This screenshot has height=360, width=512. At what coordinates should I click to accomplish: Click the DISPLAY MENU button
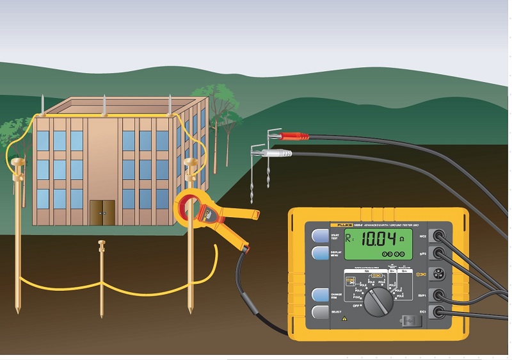321,252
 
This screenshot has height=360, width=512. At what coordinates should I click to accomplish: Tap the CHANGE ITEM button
321,295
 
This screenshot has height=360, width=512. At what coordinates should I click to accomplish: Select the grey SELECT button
321,312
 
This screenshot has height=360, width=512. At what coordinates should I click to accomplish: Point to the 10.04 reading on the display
378,241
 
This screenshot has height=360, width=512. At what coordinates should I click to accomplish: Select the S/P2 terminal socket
439,253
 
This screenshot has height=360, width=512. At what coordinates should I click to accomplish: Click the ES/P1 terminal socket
439,295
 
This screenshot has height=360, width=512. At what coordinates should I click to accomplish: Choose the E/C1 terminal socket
439,312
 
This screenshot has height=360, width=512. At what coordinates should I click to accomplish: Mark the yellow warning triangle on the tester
344,318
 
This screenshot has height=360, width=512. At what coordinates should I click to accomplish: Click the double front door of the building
102,212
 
